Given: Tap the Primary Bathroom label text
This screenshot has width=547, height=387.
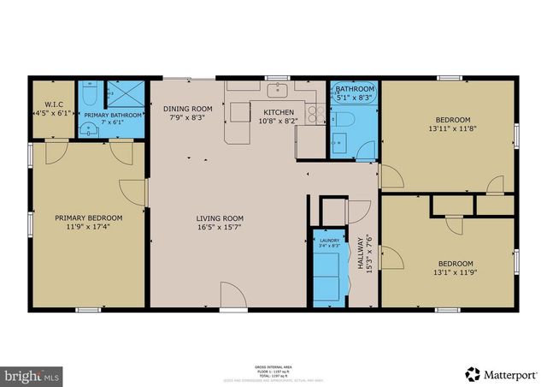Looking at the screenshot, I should point(113,115).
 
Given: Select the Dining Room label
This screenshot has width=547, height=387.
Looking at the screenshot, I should point(187,109).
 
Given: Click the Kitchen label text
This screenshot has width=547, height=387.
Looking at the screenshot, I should point(279,113).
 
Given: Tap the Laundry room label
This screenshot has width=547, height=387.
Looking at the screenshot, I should point(328,241).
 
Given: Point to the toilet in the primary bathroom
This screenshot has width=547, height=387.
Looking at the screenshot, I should point(87,129).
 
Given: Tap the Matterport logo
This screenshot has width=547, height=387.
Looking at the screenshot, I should point(502,373).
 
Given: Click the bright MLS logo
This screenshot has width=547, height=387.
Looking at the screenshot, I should point(32,374).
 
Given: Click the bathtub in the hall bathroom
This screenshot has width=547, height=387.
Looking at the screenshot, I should point(354,89).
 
